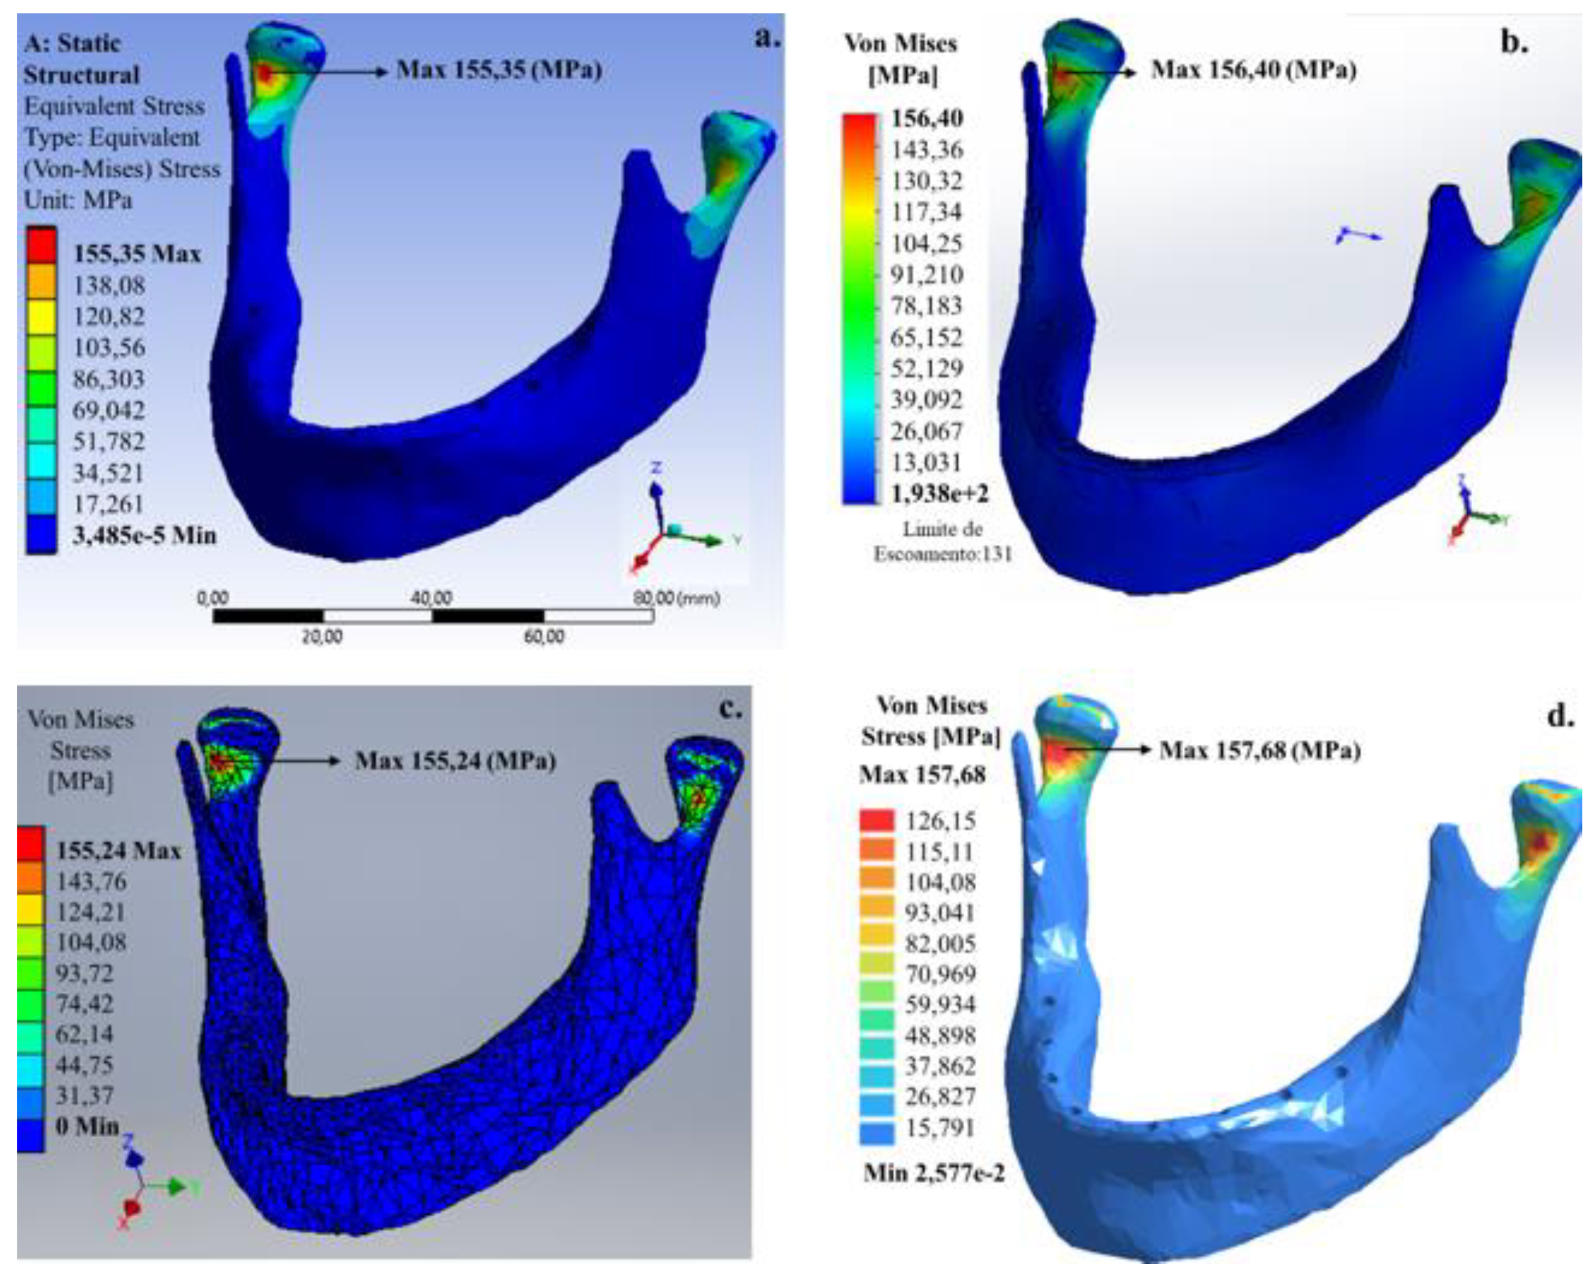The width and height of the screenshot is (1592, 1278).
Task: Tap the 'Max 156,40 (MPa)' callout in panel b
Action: point(1254,71)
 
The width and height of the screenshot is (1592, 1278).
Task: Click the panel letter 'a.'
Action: point(767,39)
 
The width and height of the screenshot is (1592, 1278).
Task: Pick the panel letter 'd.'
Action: point(1560,715)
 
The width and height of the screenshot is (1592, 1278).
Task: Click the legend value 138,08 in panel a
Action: point(109,285)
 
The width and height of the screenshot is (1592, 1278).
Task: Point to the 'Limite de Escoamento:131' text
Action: point(943,541)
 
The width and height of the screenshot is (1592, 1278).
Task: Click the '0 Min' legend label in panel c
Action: point(87,1126)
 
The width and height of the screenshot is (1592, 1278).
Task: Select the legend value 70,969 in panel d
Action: point(940,974)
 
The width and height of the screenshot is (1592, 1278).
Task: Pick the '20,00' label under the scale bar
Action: point(322,637)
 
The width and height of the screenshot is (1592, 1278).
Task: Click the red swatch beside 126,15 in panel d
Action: point(876,820)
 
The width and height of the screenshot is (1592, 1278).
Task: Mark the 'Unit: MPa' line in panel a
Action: point(79,200)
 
